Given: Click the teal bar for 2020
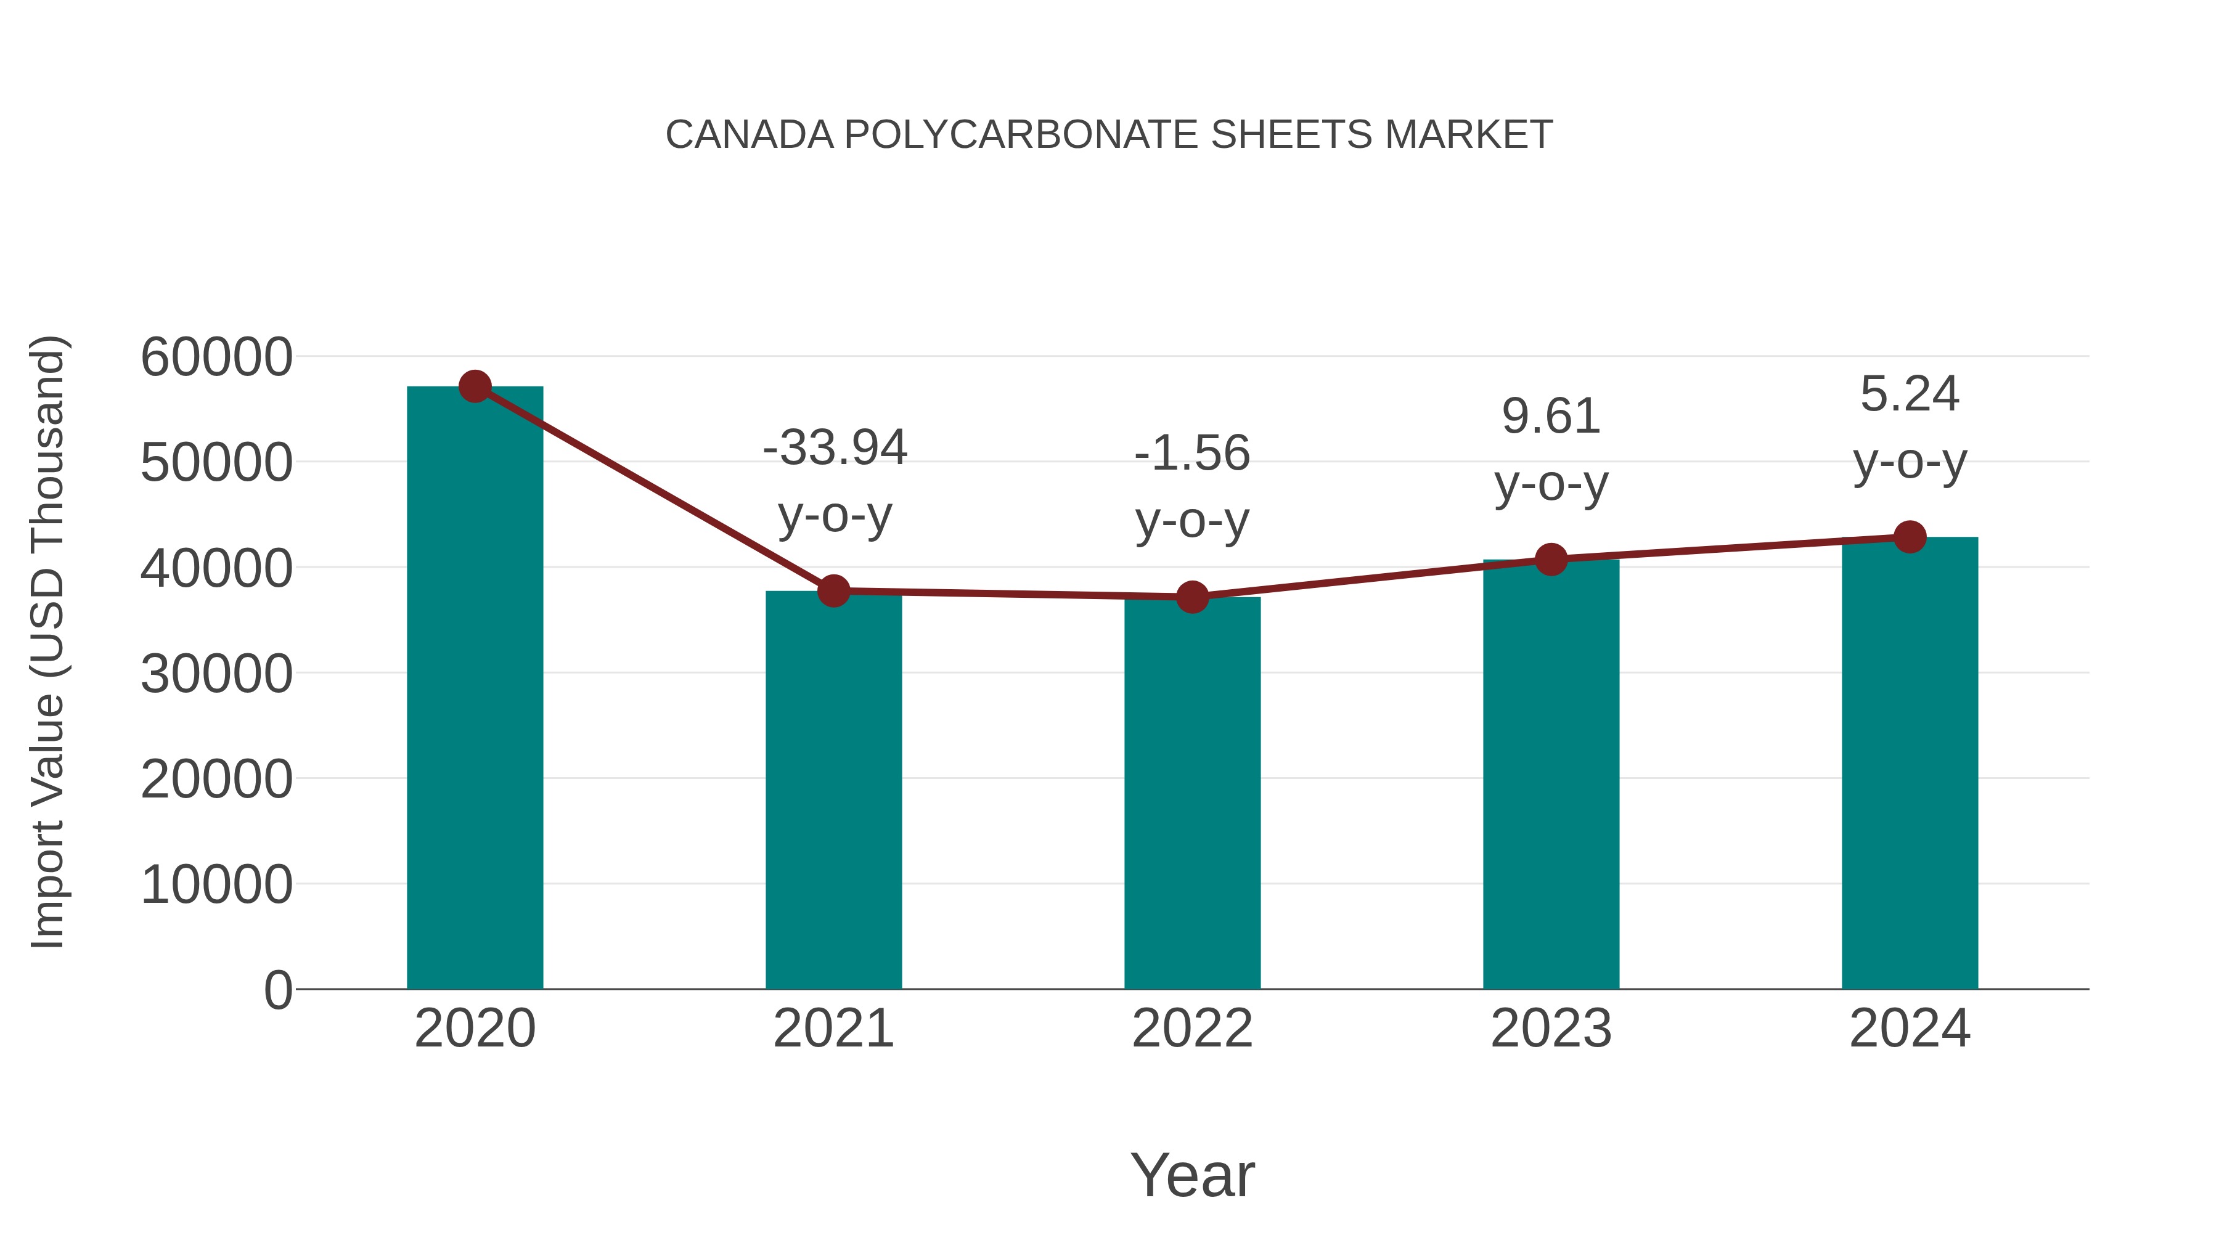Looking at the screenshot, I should coord(475,689).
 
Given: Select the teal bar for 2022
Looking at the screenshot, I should coord(1192,793).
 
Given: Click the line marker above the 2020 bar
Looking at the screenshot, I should coord(475,386).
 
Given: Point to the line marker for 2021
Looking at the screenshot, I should coord(834,591).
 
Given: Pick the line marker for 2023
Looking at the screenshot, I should coord(1551,560).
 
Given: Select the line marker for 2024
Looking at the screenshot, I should coord(1910,537).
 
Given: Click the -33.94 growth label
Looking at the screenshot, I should coord(835,448).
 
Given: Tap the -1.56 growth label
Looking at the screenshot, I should coord(1192,453).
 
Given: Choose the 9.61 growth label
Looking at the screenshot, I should coord(1551,417).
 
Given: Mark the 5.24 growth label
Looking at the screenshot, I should coord(1910,394).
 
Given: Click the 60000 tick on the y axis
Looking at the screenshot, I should coord(216,357).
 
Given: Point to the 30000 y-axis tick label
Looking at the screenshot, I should coord(216,674).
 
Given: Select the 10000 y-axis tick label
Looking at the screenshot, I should coord(216,884).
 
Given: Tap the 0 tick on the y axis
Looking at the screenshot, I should coord(278,990).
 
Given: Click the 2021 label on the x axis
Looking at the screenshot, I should coord(834,1029).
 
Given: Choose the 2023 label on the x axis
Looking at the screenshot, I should coord(1551,1029).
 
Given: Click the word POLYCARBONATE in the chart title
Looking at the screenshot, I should coord(1021,135).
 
